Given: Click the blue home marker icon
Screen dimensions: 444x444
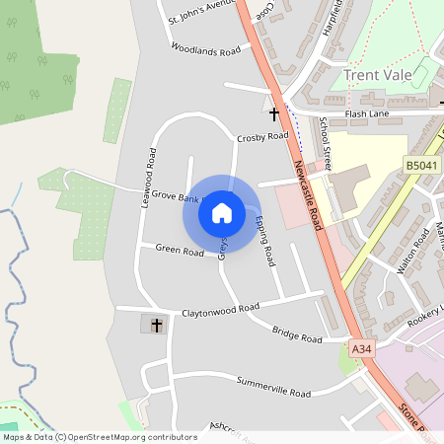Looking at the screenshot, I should pyautogui.click(x=222, y=212).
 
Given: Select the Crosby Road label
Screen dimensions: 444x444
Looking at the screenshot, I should pyautogui.click(x=262, y=136).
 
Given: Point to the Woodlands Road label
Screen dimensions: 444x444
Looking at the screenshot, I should pyautogui.click(x=205, y=48).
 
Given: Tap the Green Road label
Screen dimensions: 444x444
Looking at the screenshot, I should pyautogui.click(x=180, y=252).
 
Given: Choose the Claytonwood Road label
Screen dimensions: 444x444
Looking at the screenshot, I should pyautogui.click(x=220, y=309).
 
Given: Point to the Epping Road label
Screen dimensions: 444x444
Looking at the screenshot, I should pyautogui.click(x=262, y=242).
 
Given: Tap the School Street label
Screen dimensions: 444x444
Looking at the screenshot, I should pyautogui.click(x=327, y=143).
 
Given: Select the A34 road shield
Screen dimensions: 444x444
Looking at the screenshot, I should pyautogui.click(x=362, y=348).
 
